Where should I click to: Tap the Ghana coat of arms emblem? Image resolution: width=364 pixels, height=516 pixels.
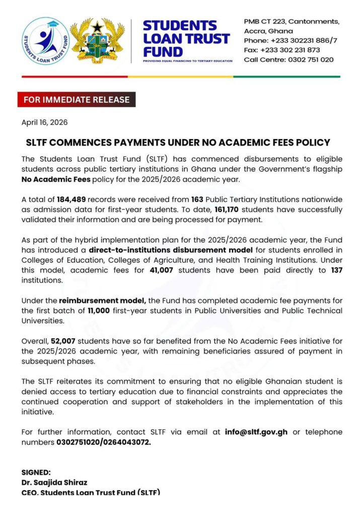pyautogui.click(x=97, y=41)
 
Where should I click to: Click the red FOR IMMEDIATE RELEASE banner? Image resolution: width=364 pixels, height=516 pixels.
pyautogui.click(x=77, y=100)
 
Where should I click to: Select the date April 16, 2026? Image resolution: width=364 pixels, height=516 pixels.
pyautogui.click(x=44, y=122)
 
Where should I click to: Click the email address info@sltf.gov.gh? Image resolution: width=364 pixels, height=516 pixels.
pyautogui.click(x=257, y=432)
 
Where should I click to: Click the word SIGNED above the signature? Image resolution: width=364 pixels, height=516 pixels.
pyautogui.click(x=36, y=472)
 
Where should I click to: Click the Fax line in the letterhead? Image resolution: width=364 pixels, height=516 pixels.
pyautogui.click(x=281, y=50)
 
